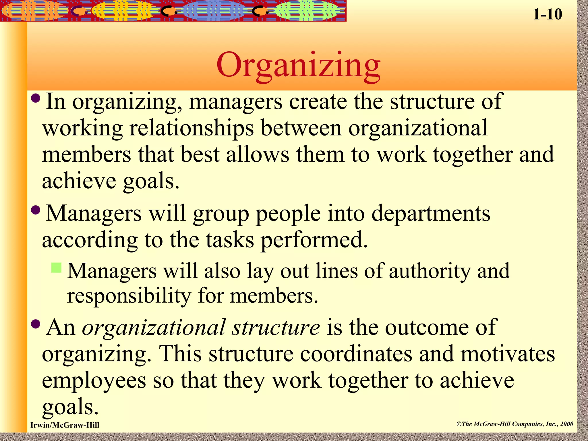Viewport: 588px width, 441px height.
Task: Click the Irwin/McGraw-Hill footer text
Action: coord(65,425)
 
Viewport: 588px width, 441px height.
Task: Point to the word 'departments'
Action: coord(431,214)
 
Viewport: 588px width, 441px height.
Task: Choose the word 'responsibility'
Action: coord(129,296)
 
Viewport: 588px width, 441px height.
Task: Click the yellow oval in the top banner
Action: coord(125,11)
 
